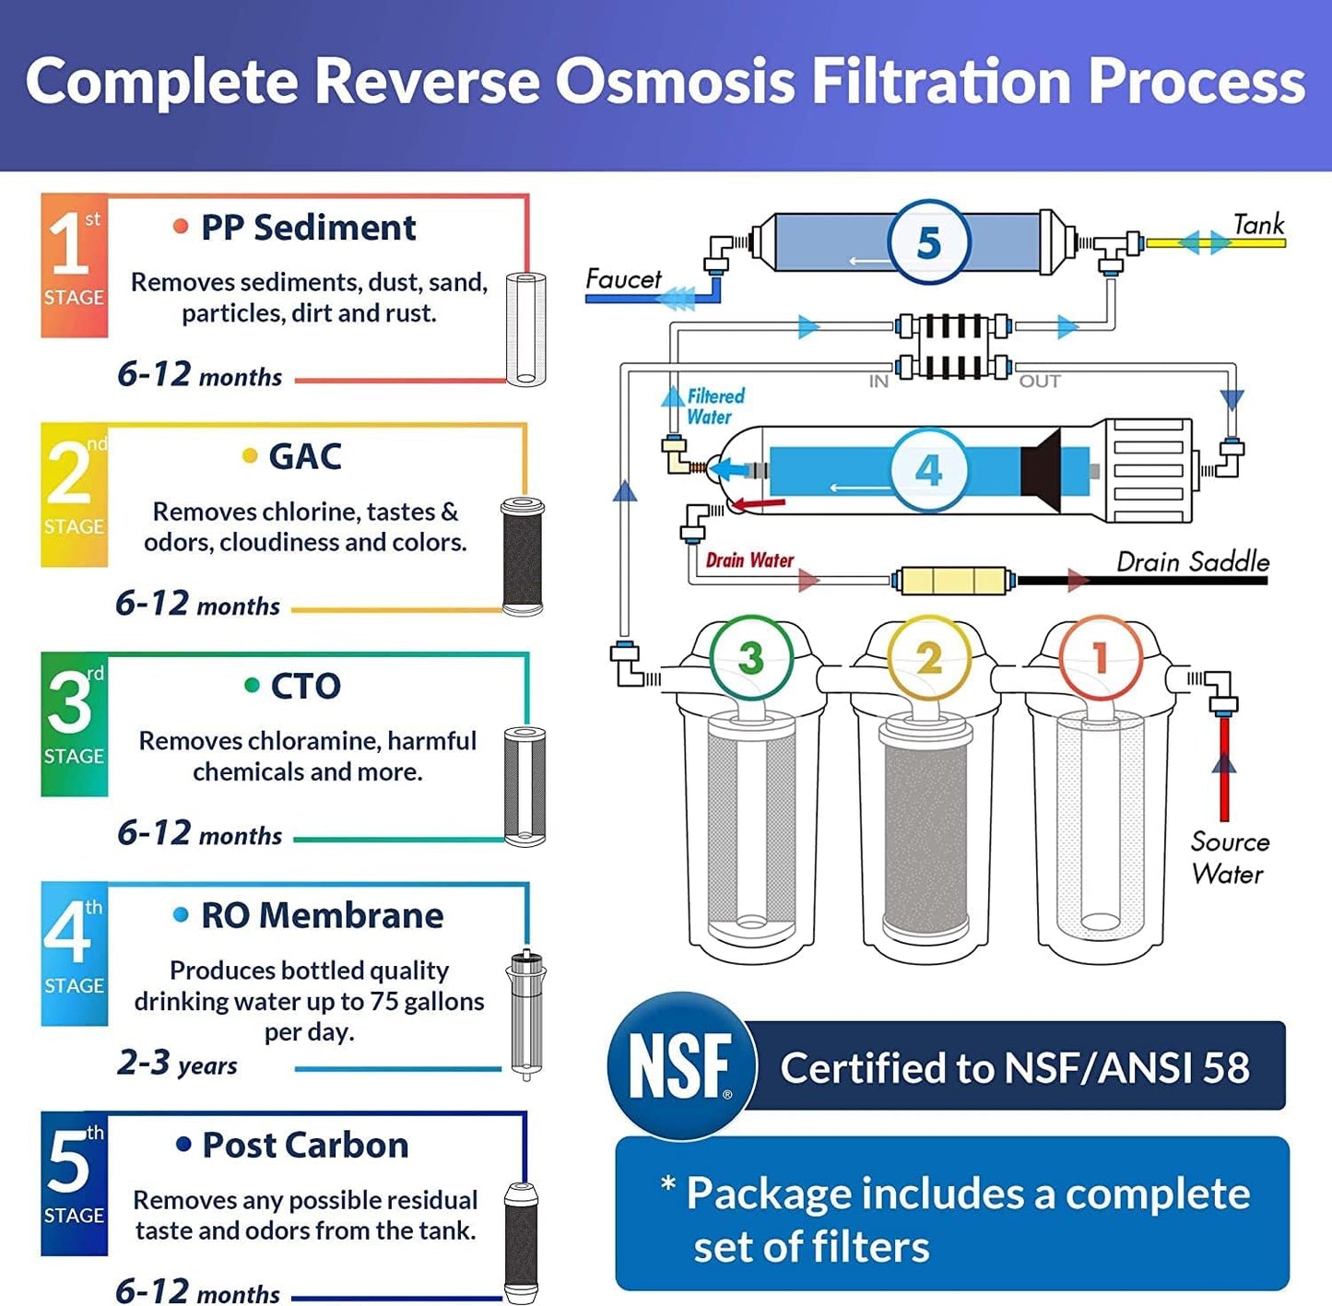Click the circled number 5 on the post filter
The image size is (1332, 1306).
[x=928, y=242]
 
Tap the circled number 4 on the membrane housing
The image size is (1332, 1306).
[x=928, y=470]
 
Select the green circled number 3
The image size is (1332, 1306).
[x=750, y=657]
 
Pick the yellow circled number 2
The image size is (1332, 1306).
[x=928, y=657]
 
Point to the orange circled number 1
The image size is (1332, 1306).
[x=1100, y=657]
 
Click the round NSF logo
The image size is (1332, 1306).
[x=681, y=1065]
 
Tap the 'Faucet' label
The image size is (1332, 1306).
[x=623, y=279]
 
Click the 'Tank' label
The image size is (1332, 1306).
[x=1258, y=225]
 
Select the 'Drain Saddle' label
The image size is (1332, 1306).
[x=1192, y=561]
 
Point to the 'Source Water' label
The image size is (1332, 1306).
[x=1229, y=858]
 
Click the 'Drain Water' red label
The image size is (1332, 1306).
[x=749, y=560]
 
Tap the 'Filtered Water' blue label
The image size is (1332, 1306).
[x=714, y=406]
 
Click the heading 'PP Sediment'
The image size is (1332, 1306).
[x=308, y=228]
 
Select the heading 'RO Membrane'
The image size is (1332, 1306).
[x=322, y=915]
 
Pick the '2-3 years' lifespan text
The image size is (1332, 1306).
[x=177, y=1063]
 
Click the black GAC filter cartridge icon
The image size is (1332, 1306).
[x=523, y=557]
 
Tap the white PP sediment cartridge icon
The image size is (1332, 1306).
[x=525, y=329]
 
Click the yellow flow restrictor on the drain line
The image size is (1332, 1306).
[x=952, y=581]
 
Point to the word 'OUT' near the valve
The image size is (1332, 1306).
[x=1039, y=382]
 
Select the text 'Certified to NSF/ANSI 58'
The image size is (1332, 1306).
[x=1014, y=1067]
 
